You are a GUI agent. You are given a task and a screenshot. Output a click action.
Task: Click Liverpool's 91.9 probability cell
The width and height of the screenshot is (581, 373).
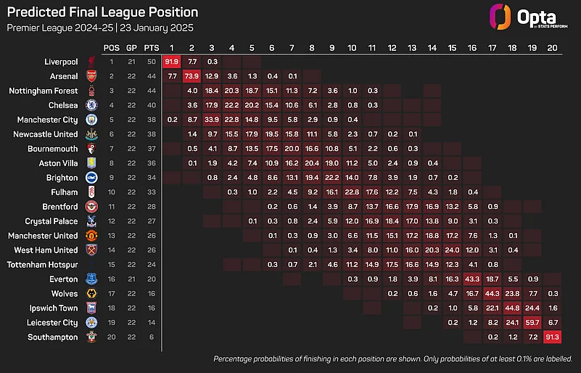pyautogui.click(x=172, y=62)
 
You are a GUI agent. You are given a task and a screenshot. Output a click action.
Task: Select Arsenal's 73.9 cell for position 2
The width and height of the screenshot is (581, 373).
pyautogui.click(x=191, y=77)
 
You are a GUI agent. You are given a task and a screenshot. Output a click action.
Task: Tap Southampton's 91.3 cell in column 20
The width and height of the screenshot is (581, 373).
pyautogui.click(x=552, y=337)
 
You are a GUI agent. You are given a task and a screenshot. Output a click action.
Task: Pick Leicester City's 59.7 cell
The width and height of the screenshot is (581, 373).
pyautogui.click(x=532, y=322)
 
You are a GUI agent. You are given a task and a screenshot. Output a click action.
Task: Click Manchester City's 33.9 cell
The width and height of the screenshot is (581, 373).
pyautogui.click(x=212, y=120)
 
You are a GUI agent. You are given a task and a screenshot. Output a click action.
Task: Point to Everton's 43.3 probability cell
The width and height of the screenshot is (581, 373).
pyautogui.click(x=472, y=279)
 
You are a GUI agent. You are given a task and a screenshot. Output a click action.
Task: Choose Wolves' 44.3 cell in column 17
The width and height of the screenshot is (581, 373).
pyautogui.click(x=492, y=293)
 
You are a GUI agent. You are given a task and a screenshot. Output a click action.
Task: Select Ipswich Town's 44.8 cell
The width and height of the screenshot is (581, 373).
pyautogui.click(x=512, y=308)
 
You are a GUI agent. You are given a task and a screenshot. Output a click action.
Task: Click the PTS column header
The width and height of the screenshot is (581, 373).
pyautogui.click(x=151, y=47)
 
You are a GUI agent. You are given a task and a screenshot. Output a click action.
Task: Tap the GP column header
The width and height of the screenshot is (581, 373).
pyautogui.click(x=131, y=47)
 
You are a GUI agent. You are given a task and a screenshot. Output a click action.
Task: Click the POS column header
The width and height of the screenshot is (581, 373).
pyautogui.click(x=112, y=47)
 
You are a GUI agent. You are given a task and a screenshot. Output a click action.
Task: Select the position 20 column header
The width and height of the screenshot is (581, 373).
pyautogui.click(x=552, y=47)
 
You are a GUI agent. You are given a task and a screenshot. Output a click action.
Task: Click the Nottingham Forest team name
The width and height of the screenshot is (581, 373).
pyautogui.click(x=43, y=91)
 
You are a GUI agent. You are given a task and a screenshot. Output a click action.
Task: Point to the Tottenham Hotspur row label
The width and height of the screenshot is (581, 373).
pyautogui.click(x=41, y=264)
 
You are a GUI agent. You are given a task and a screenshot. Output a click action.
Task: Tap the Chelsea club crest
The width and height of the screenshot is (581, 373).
pyautogui.click(x=91, y=106)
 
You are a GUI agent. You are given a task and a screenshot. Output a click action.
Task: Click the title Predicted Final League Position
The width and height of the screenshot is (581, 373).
pyautogui.click(x=102, y=13)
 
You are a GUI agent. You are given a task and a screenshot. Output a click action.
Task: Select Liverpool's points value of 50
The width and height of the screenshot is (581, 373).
pyautogui.click(x=151, y=62)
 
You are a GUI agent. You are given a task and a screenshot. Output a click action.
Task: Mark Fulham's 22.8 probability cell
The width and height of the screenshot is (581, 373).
pyautogui.click(x=352, y=192)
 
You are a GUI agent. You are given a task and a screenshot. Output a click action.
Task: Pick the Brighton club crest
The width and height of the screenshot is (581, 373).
pyautogui.click(x=91, y=178)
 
